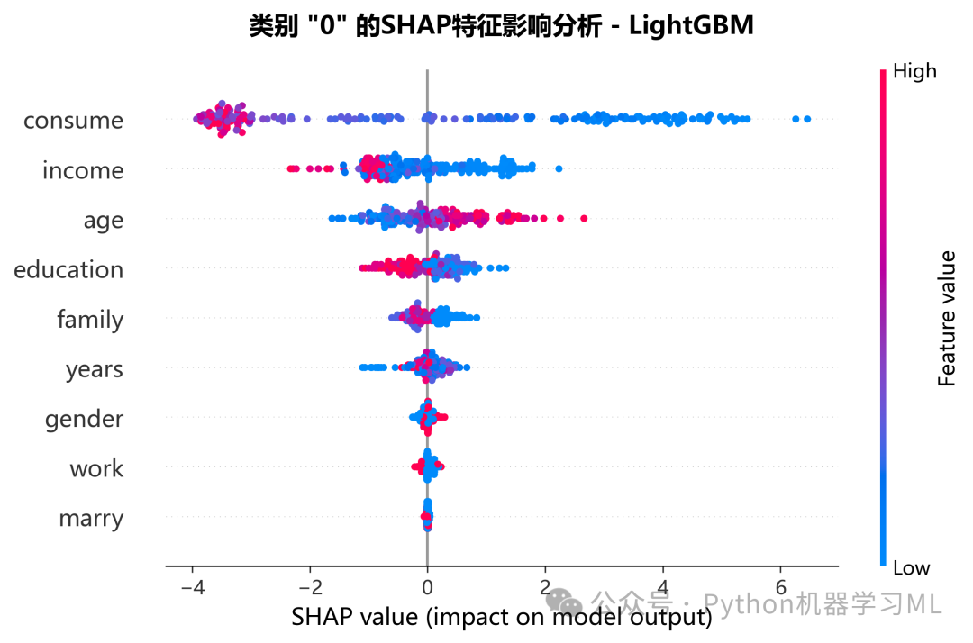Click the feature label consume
(73, 121)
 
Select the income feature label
(83, 170)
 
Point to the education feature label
(68, 270)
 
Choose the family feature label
(90, 320)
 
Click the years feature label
(95, 370)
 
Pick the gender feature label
(84, 420)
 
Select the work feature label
(96, 469)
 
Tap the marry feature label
(91, 519)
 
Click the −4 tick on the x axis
(193, 586)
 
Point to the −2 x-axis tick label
(310, 586)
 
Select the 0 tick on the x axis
(428, 586)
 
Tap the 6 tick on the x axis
(780, 586)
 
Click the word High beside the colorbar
(914, 71)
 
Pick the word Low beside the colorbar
(911, 568)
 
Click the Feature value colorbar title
(946, 319)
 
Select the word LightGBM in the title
(691, 26)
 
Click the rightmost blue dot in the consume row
(807, 119)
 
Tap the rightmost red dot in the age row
(584, 218)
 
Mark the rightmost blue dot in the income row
(559, 168)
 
